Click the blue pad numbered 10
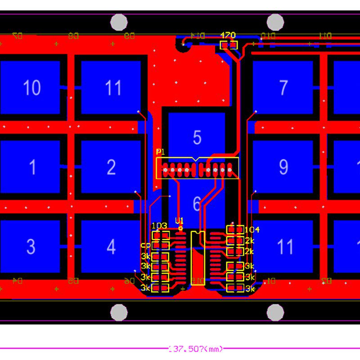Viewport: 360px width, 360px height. click(x=30, y=87)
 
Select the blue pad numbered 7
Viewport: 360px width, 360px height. click(x=283, y=87)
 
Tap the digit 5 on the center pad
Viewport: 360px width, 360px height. click(x=197, y=137)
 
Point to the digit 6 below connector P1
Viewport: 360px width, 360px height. click(x=197, y=204)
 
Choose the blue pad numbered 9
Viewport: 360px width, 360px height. click(x=283, y=167)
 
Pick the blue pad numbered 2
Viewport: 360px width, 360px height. click(x=111, y=167)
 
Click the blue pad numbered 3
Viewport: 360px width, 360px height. click(x=30, y=247)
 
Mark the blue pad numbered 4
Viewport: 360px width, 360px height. click(x=111, y=247)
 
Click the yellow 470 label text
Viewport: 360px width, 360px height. click(x=228, y=35)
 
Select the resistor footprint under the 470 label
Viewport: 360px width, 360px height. click(x=228, y=45)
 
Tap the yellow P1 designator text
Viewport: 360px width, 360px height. click(x=160, y=152)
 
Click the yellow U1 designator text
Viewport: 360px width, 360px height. click(x=180, y=220)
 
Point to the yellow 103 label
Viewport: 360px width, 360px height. click(x=160, y=225)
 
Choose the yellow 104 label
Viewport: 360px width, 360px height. click(x=252, y=229)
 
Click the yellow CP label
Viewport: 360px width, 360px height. click(x=145, y=246)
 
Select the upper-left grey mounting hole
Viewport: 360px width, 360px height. click(x=119, y=22)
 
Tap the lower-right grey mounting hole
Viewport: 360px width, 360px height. click(x=275, y=312)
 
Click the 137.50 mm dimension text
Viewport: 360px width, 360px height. click(x=196, y=349)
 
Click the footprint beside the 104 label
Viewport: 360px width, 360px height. click(x=235, y=229)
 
